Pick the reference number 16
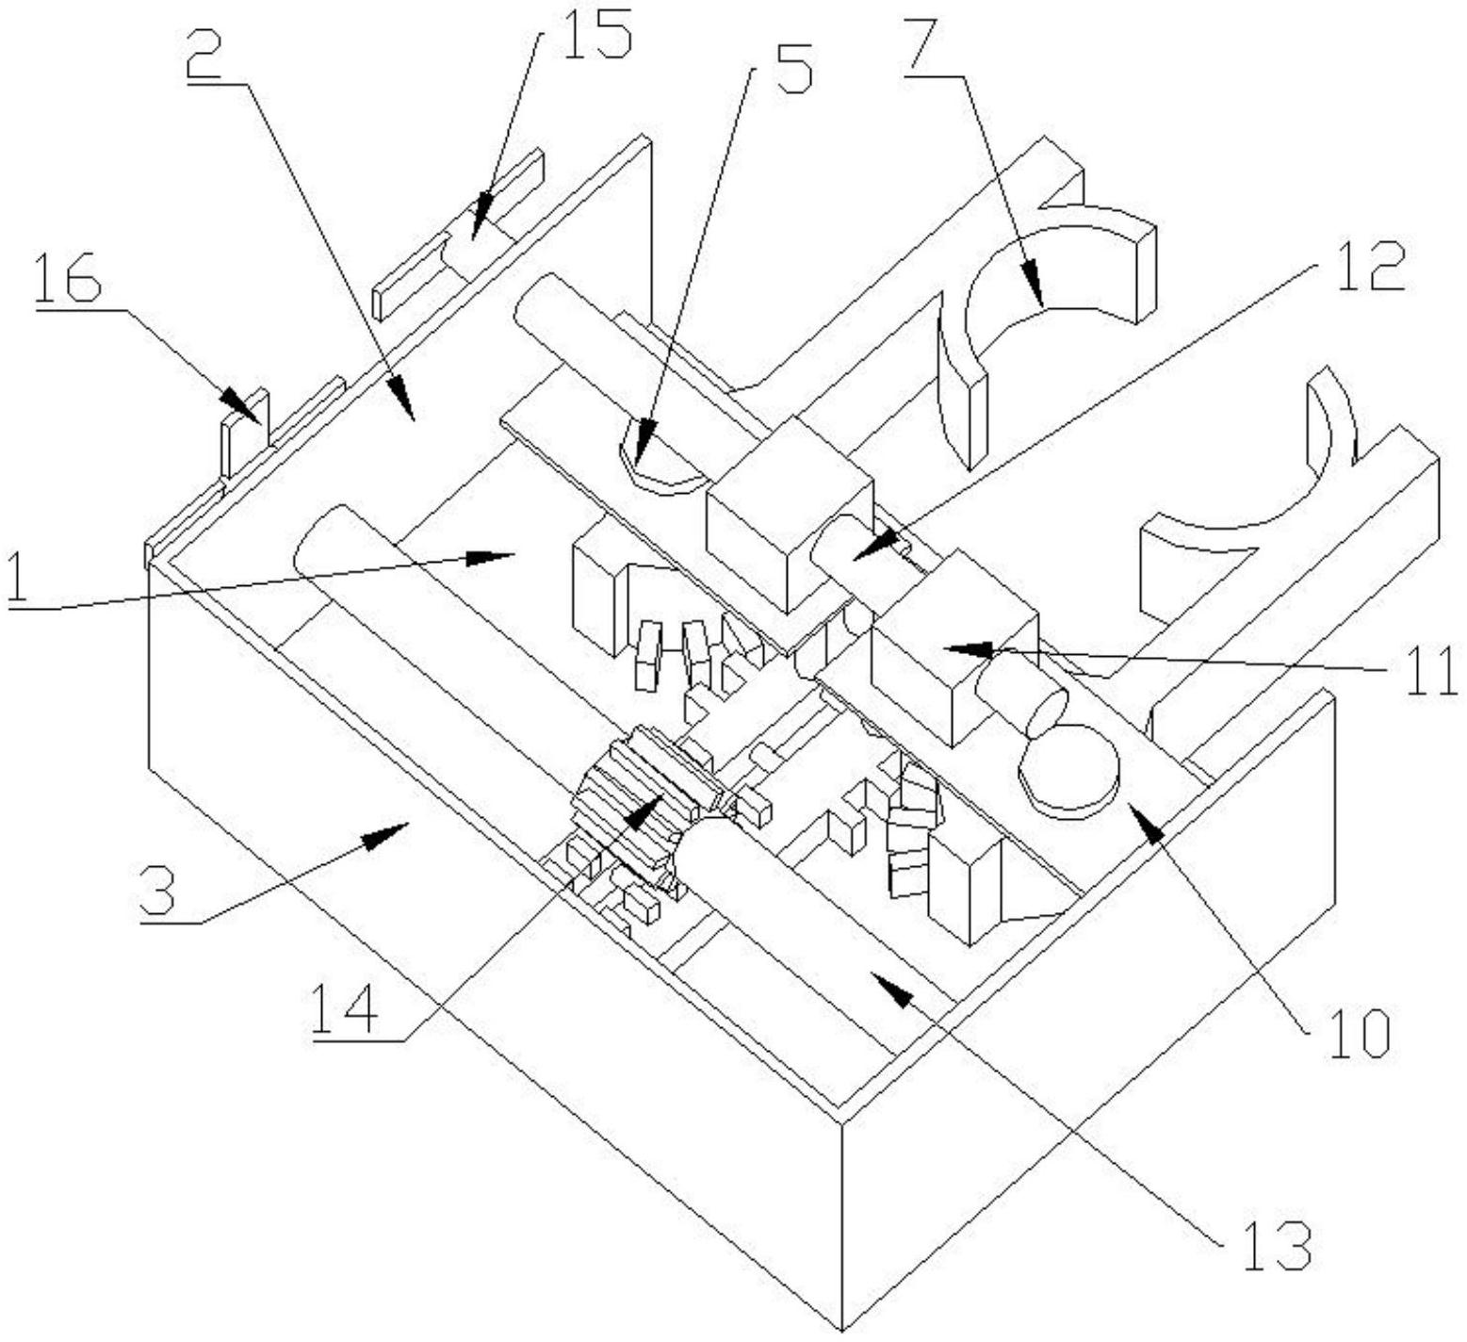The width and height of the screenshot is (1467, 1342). (x=68, y=279)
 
